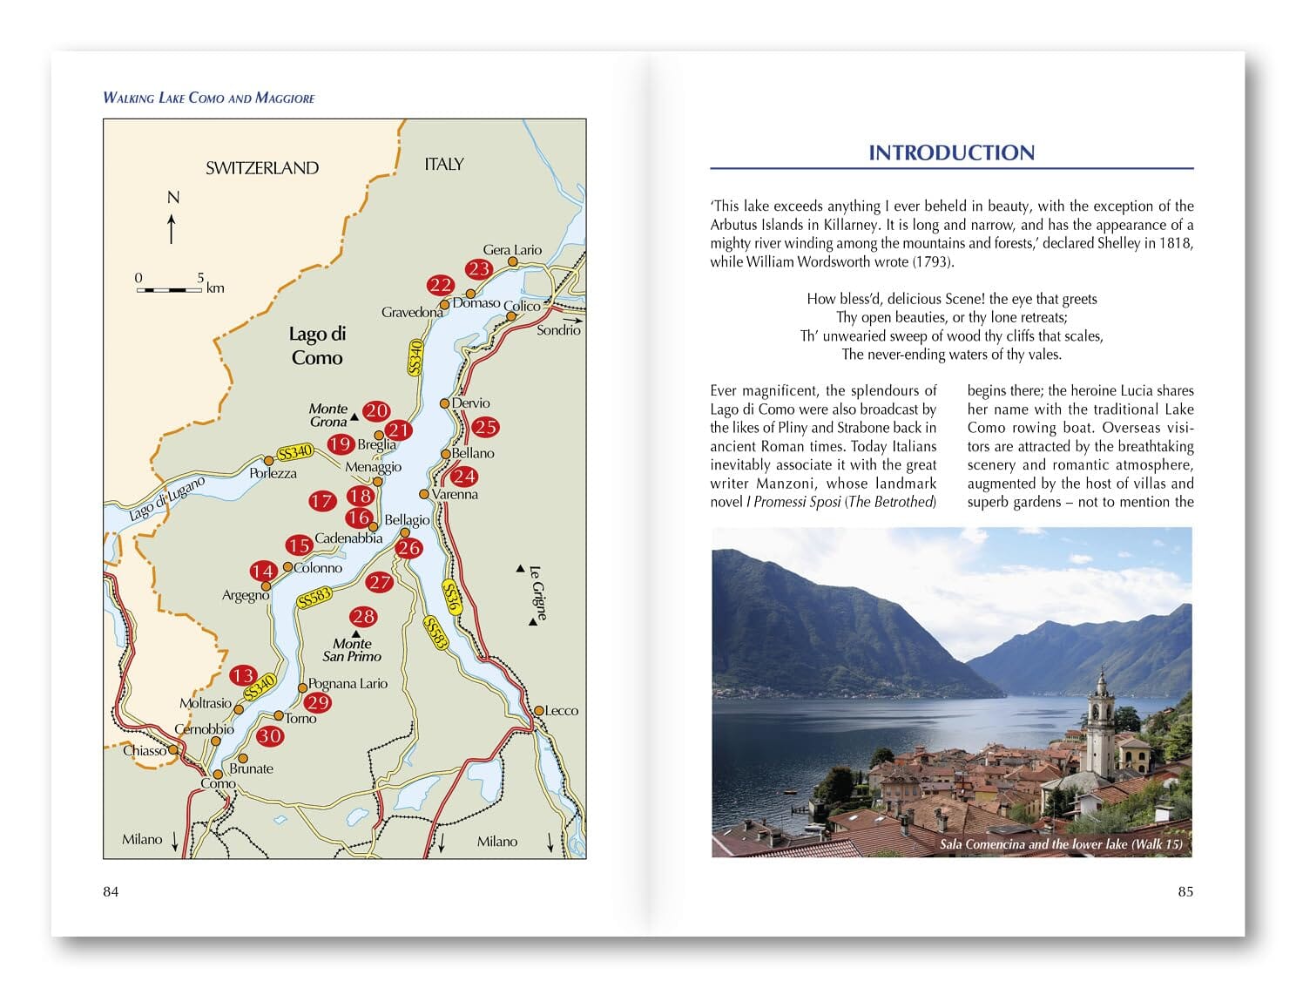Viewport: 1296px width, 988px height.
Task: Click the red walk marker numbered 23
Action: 478,269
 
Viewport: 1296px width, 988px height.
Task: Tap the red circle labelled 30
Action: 270,736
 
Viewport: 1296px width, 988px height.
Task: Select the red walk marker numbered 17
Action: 321,501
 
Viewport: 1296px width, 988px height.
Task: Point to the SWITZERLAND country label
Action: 261,168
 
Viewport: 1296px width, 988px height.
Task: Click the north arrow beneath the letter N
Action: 172,228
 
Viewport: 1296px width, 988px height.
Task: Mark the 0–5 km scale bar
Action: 170,288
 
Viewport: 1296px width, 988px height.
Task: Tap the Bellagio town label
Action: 407,520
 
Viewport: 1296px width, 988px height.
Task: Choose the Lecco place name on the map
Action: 561,711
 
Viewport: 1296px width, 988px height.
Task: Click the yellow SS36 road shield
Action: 451,596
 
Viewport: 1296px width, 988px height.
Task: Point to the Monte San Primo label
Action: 352,650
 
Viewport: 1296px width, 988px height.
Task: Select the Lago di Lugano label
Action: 166,498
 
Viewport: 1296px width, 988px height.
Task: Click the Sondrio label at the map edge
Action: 558,330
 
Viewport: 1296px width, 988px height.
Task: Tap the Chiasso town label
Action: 144,751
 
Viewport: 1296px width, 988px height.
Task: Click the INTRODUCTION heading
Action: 951,153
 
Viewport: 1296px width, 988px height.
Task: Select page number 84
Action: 111,891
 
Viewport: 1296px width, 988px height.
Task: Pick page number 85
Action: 1185,891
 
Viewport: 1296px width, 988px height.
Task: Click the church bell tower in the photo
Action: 1100,723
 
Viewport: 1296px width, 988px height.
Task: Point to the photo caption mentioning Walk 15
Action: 1061,844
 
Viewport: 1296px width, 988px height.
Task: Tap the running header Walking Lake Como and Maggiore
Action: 209,98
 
